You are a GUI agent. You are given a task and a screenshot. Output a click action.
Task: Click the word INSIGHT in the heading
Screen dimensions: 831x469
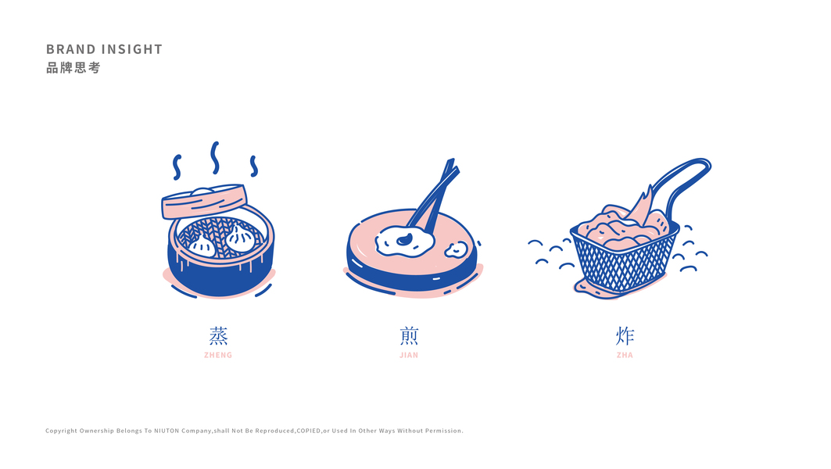click(x=131, y=49)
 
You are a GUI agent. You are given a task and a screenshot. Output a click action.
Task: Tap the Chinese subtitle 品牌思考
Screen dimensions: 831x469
click(x=73, y=68)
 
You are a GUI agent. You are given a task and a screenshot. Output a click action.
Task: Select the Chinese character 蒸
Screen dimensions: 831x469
click(x=218, y=336)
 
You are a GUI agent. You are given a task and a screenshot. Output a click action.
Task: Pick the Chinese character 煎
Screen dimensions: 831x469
click(x=409, y=336)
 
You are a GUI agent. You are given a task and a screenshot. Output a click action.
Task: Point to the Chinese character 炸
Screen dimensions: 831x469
click(x=625, y=336)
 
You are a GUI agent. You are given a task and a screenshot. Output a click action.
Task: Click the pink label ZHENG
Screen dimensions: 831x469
click(x=218, y=355)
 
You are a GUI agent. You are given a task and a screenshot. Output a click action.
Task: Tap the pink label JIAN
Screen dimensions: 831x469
click(x=409, y=355)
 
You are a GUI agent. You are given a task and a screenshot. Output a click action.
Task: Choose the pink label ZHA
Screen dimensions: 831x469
click(x=625, y=355)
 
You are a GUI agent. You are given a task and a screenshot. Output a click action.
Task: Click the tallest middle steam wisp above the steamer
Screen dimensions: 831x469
click(x=215, y=157)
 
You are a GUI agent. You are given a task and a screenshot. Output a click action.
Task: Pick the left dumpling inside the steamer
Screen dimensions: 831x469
click(x=202, y=245)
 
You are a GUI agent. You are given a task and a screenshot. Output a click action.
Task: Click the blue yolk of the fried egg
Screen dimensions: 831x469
click(x=406, y=239)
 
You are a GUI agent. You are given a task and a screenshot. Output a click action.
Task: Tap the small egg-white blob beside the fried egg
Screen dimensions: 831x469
click(x=457, y=249)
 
